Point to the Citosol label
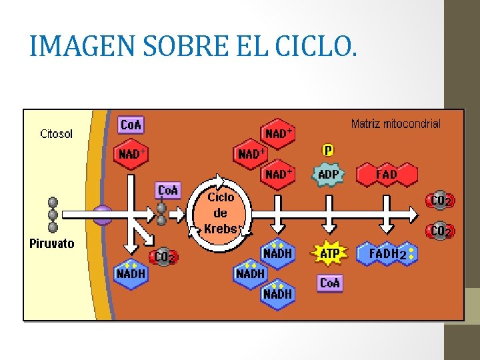pos(57,133)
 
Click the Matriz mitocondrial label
pos(395,124)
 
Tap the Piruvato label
pos(52,244)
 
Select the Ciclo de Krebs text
pos(221,213)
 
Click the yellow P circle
pos(328,150)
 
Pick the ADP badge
pos(328,175)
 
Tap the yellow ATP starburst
pos(330,253)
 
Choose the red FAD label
pos(387,175)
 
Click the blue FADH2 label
pos(388,254)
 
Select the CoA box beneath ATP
pos(330,283)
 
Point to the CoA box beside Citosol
pos(131,125)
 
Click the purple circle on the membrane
pos(102,215)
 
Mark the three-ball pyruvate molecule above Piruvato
pos(53,215)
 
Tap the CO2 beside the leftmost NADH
pos(164,256)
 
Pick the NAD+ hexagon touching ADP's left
pos(279,175)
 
